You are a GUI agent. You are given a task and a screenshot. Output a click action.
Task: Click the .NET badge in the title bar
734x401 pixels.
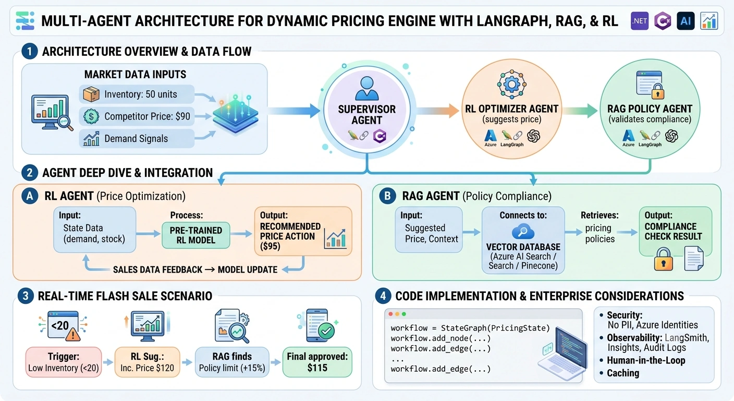(x=639, y=21)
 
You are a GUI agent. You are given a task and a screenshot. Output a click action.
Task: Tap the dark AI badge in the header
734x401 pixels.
(x=686, y=21)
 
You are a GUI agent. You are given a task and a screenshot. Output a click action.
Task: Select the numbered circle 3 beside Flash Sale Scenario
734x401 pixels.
(x=26, y=296)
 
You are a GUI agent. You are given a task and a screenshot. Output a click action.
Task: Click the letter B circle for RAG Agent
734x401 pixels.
(x=387, y=196)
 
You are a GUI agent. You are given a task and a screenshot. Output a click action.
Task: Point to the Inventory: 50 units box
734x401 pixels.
(x=137, y=94)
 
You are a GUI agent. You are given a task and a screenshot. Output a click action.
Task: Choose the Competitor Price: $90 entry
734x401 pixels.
(x=137, y=116)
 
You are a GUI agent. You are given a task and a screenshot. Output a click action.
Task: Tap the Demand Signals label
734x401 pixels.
(x=136, y=138)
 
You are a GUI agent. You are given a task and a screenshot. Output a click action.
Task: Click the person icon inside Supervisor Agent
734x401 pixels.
(x=366, y=88)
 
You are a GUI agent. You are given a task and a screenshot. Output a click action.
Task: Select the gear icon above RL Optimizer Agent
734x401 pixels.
(x=511, y=85)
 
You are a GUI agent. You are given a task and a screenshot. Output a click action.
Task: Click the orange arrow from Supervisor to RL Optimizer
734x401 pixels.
(x=437, y=111)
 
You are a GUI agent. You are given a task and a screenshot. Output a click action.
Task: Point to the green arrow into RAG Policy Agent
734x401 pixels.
(x=580, y=111)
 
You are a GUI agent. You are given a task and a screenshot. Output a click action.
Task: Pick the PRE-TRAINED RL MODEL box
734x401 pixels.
(x=196, y=235)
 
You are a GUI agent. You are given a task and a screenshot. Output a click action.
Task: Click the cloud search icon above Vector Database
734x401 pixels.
(x=523, y=232)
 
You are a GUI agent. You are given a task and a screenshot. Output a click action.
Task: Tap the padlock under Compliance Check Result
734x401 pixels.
(x=663, y=259)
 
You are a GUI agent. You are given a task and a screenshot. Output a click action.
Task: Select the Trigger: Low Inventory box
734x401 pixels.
(x=64, y=362)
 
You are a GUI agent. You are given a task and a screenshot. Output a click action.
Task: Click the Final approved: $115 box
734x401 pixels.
(x=317, y=362)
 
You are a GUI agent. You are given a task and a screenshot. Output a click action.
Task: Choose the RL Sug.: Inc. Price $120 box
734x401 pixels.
(x=147, y=362)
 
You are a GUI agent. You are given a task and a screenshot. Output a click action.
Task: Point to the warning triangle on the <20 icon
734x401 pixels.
(x=73, y=335)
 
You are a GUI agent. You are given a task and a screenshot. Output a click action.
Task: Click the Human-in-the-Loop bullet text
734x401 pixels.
(x=646, y=360)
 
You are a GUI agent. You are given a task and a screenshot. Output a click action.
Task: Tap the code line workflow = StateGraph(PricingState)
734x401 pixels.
(x=470, y=328)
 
